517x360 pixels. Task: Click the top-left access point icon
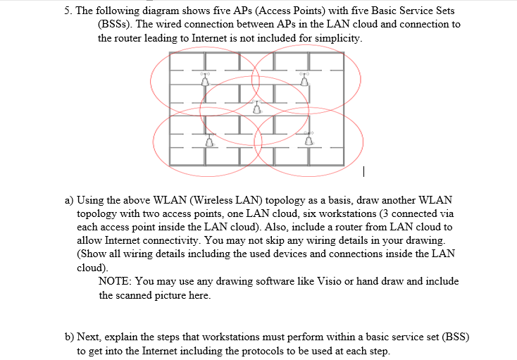[206, 80]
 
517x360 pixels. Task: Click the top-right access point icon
[305, 80]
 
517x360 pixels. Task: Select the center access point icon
[256, 108]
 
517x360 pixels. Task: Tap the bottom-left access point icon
[208, 141]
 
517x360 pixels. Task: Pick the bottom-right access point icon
[309, 140]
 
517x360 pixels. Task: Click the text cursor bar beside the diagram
[363, 170]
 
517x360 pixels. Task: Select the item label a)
[69, 200]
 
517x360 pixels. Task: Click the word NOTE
[113, 281]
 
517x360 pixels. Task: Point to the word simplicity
[339, 37]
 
